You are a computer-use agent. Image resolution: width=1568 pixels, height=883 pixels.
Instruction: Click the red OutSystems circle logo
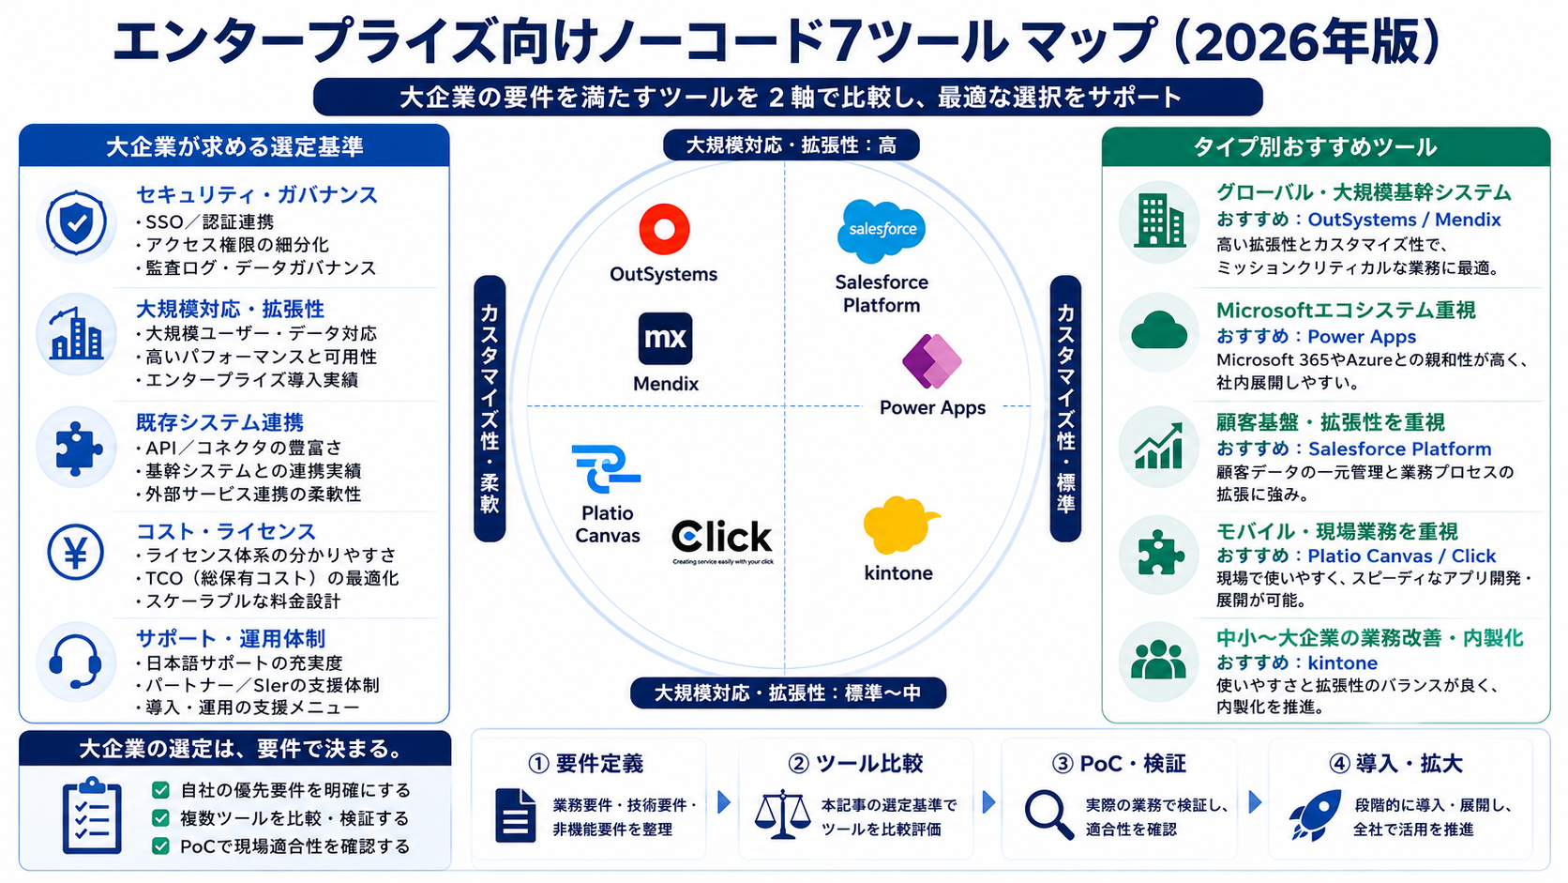pyautogui.click(x=664, y=229)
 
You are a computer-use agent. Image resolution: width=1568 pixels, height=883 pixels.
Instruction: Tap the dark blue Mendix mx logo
pyautogui.click(x=665, y=338)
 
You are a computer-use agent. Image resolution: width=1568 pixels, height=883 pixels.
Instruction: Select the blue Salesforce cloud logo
pyautogui.click(x=882, y=231)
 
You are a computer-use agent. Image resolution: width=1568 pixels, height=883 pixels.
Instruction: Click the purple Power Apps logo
pyautogui.click(x=931, y=361)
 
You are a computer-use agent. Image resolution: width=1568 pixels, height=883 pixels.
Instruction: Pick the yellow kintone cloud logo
pyautogui.click(x=900, y=525)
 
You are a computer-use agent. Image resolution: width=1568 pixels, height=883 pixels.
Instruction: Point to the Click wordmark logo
pyautogui.click(x=722, y=540)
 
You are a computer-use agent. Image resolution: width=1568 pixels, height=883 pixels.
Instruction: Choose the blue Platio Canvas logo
pyautogui.click(x=606, y=468)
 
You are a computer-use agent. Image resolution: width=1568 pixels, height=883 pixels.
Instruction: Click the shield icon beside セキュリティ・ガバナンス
pyautogui.click(x=76, y=222)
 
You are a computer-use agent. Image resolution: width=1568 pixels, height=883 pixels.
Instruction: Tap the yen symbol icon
pyautogui.click(x=76, y=553)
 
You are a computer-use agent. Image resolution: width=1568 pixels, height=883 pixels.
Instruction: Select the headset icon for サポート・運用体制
pyautogui.click(x=76, y=662)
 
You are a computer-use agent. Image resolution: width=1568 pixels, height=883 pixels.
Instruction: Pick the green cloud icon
pyautogui.click(x=1158, y=331)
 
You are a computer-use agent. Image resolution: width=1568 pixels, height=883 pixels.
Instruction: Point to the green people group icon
pyautogui.click(x=1158, y=661)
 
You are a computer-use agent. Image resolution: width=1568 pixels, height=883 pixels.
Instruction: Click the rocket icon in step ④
pyautogui.click(x=1315, y=814)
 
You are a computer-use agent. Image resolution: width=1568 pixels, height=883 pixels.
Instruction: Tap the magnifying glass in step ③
pyautogui.click(x=1048, y=814)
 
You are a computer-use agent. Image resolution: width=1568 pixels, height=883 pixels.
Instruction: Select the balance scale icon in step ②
pyautogui.click(x=782, y=814)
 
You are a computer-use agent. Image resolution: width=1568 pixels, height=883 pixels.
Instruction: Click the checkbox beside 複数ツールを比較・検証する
pyautogui.click(x=160, y=818)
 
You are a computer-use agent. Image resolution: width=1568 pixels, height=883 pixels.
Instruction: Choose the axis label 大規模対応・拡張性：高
pyautogui.click(x=791, y=145)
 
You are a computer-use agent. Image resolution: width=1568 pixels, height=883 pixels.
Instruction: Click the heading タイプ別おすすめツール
pyautogui.click(x=1316, y=147)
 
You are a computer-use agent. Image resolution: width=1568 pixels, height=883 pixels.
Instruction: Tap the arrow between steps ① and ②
pyautogui.click(x=725, y=802)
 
